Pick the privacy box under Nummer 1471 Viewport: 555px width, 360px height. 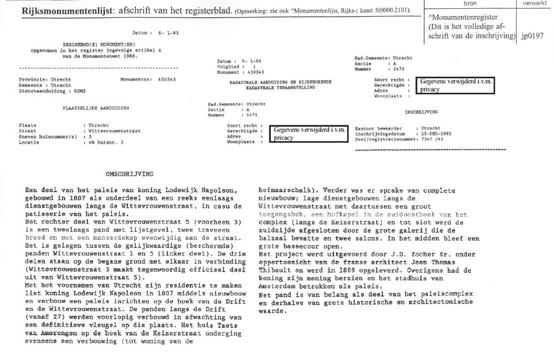point(308,134)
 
